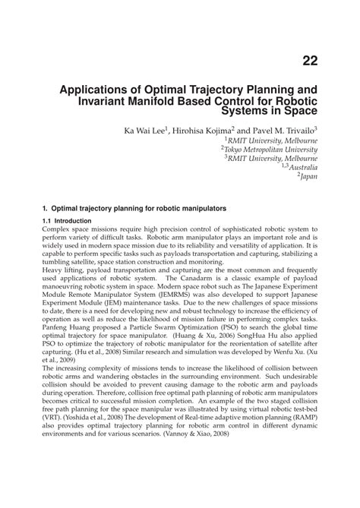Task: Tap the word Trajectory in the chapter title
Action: pyautogui.click(x=204, y=88)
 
